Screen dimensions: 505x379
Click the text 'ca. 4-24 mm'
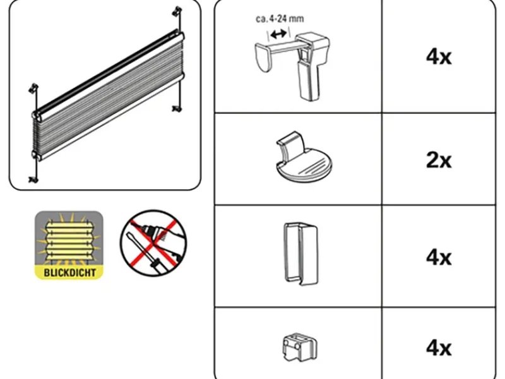[280, 19]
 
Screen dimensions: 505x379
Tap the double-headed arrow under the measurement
[278, 33]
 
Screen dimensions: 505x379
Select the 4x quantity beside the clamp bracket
[439, 57]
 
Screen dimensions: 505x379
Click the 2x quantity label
[439, 160]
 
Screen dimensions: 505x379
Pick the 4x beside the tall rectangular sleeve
[439, 258]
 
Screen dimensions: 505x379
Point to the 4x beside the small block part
[439, 348]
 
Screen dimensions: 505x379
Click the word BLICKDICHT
[69, 273]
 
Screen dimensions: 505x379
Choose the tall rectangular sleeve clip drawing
[301, 254]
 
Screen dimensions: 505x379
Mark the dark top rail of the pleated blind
[106, 69]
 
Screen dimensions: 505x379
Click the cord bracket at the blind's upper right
[177, 11]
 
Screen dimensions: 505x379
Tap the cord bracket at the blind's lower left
[33, 179]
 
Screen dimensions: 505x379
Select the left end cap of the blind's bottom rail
[35, 154]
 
